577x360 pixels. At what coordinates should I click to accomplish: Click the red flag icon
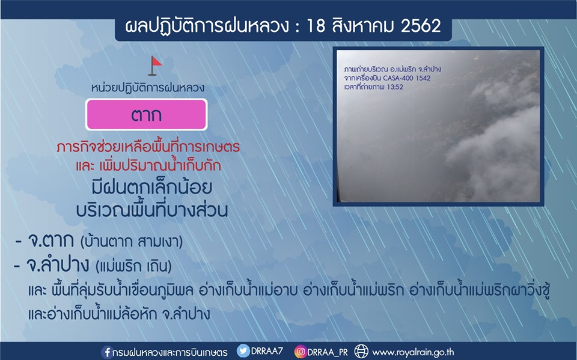155,66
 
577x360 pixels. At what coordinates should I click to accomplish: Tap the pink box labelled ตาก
147,114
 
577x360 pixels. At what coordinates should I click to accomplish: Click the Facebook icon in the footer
107,352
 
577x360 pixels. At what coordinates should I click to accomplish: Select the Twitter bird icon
243,351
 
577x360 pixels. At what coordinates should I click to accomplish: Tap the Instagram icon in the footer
301,352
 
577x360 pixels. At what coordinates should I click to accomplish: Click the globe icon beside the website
361,352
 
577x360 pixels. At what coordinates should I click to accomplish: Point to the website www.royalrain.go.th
413,352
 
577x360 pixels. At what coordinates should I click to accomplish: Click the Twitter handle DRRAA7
267,351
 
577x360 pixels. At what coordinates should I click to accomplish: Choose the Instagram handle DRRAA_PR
328,352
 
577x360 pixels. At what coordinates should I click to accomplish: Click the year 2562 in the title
421,26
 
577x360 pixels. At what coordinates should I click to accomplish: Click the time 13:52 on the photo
394,87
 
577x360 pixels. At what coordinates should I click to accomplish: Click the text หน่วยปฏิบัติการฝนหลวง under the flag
148,88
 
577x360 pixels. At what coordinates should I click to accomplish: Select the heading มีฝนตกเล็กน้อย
152,188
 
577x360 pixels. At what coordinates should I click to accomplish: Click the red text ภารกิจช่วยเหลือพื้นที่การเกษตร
148,147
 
